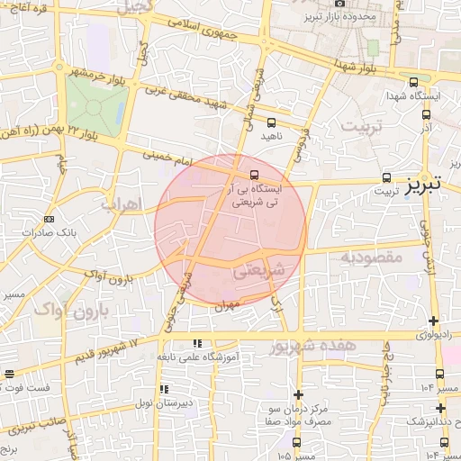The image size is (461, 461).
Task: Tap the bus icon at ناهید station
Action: point(271,123)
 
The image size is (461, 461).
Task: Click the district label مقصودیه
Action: point(369,258)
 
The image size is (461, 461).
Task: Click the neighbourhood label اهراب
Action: point(121,204)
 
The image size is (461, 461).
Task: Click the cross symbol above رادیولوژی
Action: point(434,321)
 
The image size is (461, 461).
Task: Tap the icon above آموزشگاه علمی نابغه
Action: point(197,343)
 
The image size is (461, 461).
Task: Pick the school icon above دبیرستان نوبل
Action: point(164,389)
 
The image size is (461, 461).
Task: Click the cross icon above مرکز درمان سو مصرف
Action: point(298,393)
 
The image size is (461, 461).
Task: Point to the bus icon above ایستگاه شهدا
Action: point(411,81)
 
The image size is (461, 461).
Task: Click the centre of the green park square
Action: point(93,107)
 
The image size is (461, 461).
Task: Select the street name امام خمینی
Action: point(167,158)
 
